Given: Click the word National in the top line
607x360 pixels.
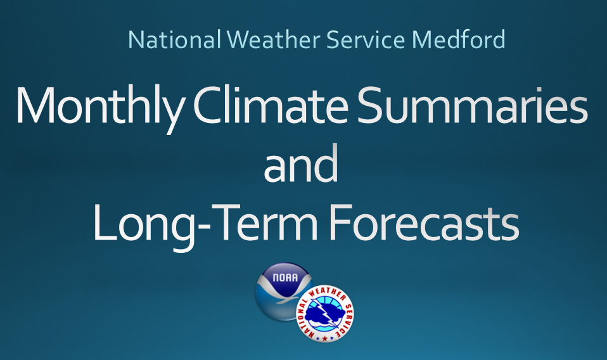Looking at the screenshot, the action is coord(174,39).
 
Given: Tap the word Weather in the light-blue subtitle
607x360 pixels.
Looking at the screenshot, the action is coord(273,39).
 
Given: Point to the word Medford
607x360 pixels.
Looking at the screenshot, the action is coord(458,39).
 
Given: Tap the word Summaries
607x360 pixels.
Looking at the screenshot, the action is coord(472,105).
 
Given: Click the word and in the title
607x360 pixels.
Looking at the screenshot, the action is coord(301,164).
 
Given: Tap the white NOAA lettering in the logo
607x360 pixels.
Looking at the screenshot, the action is coord(285,278).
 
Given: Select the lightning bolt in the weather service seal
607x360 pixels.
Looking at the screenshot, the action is coord(326,312).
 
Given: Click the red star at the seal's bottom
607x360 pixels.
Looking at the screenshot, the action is coord(325,338).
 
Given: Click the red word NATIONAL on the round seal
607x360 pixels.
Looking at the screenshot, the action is coord(305,319).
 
